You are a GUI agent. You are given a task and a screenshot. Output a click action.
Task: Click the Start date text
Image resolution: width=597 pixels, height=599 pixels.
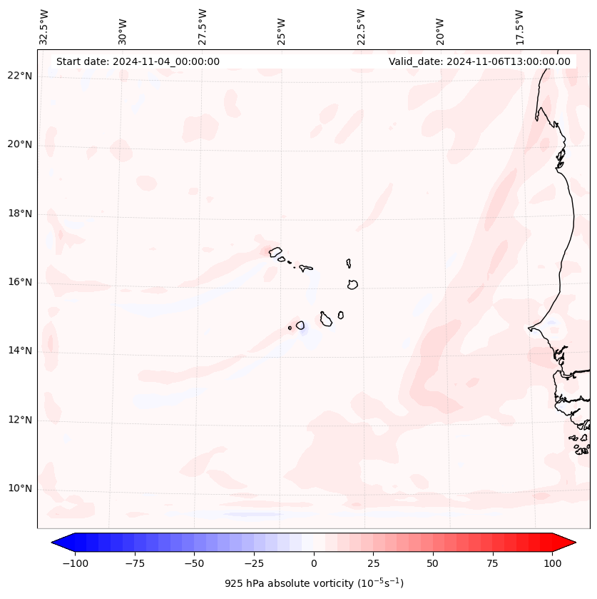point(138,61)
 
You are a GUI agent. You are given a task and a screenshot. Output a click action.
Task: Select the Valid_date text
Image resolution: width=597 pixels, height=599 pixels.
point(479,61)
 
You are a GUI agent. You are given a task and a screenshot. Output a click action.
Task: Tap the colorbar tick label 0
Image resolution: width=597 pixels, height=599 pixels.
point(313,563)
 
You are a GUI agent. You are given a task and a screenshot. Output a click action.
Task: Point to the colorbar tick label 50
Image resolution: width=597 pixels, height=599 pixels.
point(433,563)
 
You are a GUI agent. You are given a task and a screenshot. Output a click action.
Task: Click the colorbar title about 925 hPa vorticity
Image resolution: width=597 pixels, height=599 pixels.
point(314,583)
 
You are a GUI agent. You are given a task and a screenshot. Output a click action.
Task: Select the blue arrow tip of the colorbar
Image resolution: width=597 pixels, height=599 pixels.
point(57,543)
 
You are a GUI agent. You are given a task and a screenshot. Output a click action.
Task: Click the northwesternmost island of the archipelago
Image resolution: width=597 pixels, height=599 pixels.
point(275,251)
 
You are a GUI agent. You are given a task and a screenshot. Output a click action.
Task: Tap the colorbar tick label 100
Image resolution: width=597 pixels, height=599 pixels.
point(553,563)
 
